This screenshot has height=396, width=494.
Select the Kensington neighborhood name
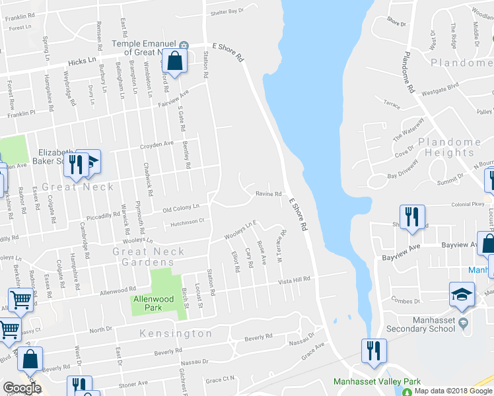coord(176,333)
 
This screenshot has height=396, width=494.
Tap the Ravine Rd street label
coord(269,193)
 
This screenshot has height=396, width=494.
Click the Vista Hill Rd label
coord(294,280)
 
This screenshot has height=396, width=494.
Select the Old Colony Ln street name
coord(181,209)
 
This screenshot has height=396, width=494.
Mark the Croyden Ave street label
coord(156,143)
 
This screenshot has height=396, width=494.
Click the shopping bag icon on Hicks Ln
coord(175,61)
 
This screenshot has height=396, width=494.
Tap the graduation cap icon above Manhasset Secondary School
coord(462,295)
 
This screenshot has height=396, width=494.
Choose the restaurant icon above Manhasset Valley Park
coord(373,349)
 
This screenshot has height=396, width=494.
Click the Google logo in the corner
coord(22,389)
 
